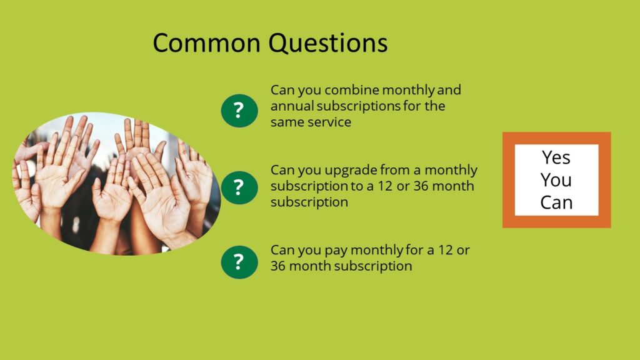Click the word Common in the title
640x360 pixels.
point(206,43)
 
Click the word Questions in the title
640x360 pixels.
point(327,43)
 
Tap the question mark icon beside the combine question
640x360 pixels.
point(239,111)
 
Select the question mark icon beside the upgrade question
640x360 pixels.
point(239,187)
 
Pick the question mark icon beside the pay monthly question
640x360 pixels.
point(239,262)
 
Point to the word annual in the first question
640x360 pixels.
point(292,106)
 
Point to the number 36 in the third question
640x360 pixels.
point(278,266)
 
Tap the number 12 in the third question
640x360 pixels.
point(446,250)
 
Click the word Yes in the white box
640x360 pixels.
point(556,157)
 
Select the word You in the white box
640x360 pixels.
point(556,180)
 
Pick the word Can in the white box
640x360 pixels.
point(556,202)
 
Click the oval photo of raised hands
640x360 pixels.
point(117,184)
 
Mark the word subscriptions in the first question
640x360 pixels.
point(358,106)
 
